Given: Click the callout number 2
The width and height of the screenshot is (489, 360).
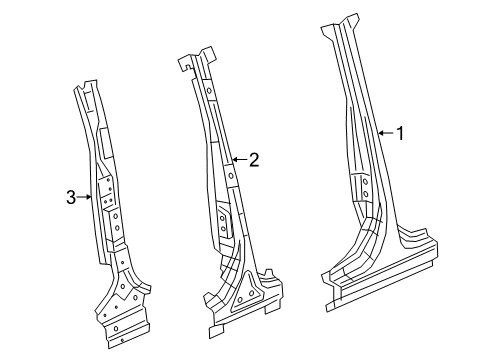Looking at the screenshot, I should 254,159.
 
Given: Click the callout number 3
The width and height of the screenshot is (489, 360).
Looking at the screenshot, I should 71,198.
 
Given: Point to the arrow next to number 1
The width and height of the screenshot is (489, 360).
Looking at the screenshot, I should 384,133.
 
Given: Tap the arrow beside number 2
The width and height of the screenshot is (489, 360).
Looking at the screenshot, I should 238,159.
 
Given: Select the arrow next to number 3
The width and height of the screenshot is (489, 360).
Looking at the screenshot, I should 86,198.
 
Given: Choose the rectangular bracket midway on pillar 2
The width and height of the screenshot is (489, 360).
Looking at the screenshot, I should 224,220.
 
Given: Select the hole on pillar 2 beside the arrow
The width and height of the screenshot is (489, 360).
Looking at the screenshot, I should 229,176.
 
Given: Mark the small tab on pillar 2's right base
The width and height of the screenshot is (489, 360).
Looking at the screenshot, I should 267,271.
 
